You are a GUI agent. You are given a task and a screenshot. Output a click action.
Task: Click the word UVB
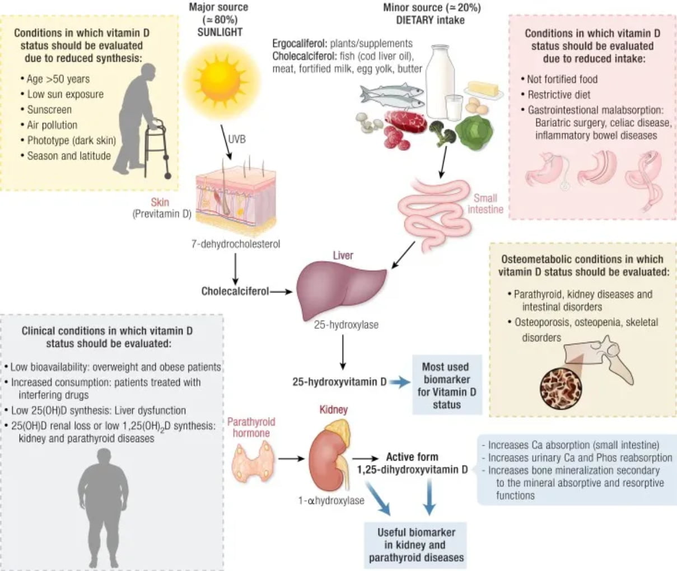tap(237, 139)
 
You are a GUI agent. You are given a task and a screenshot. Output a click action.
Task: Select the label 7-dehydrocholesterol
tap(236, 244)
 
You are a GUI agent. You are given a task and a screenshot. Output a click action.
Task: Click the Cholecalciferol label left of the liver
tap(235, 291)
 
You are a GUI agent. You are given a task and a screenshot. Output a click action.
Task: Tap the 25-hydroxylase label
tap(346, 324)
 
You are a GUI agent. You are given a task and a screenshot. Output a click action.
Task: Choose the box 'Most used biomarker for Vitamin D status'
tap(446, 386)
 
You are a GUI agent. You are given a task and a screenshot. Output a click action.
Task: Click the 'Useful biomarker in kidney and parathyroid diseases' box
tap(416, 545)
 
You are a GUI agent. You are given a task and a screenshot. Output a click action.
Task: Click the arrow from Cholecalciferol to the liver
tap(282, 291)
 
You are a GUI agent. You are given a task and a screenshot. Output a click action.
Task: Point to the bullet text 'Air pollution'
tap(52, 125)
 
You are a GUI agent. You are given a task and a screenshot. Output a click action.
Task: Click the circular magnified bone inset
tap(560, 387)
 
